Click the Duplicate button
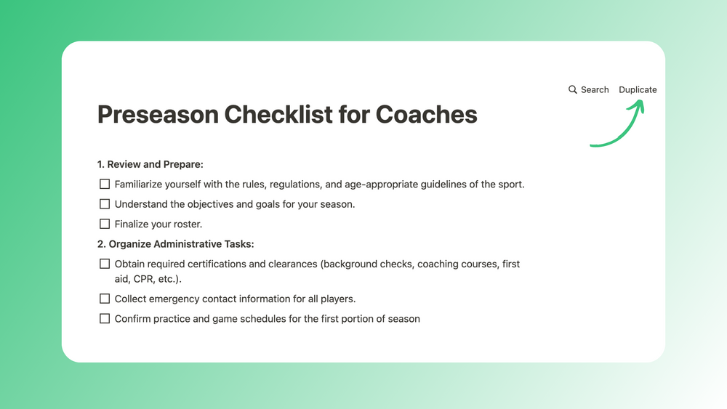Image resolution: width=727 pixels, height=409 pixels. pos(638,90)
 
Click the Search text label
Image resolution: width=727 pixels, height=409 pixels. pos(595,90)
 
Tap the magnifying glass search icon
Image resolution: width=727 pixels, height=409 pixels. pos(573,90)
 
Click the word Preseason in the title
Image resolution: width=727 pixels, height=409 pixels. pos(157,115)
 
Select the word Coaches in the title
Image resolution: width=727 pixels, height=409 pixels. pos(426,115)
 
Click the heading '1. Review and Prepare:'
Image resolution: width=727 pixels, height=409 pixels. pos(150,164)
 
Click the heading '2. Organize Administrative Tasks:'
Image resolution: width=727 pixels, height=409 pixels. pos(175,244)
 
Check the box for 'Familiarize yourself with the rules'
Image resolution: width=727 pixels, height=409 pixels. pos(105,185)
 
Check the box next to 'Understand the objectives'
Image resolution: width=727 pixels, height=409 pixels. pos(105,204)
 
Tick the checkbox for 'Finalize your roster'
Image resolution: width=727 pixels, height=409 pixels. pos(105,224)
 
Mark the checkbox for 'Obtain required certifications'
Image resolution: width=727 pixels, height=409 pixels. pos(105,264)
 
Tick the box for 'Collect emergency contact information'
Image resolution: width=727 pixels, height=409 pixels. pos(105,299)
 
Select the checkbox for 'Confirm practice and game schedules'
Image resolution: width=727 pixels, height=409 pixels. pos(105,319)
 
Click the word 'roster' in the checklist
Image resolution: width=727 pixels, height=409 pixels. pos(187,224)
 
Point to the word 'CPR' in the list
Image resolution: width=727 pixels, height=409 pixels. pos(144,279)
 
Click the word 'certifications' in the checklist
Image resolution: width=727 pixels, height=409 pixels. pos(215,264)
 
